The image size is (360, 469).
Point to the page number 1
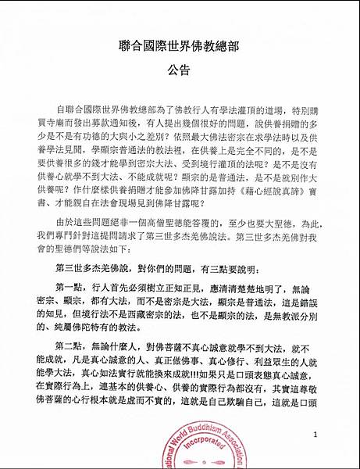(x=315, y=434)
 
